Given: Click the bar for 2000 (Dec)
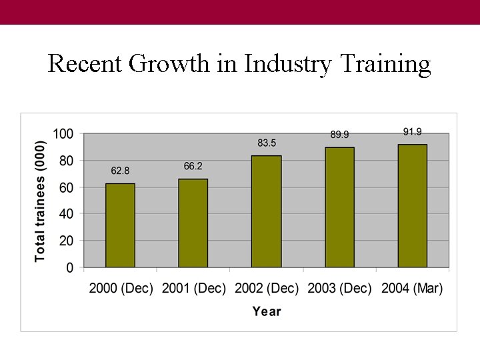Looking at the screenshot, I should coord(120,225).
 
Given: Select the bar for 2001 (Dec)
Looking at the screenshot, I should coord(193,223).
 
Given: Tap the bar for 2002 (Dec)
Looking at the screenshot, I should coord(266,211).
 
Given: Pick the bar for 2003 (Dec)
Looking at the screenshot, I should coord(339,207).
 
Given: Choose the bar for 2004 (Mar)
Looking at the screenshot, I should coord(412,206).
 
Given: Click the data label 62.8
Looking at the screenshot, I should coord(120,171).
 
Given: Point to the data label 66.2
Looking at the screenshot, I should coord(193,166).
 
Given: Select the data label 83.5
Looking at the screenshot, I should coord(266,143).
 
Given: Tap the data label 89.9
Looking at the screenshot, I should coord(339,135).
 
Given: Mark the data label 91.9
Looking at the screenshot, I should coord(412,132).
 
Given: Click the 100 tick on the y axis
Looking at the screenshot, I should coord(63,134).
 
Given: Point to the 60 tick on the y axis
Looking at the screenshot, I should coord(67,187).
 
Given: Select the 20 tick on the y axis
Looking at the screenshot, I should coord(67,241).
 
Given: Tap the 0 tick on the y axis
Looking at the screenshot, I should coord(70,267).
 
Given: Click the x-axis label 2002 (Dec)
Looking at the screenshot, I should coord(267,289).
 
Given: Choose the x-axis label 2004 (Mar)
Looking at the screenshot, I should coord(412,289).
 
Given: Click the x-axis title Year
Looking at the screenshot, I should coord(267,311).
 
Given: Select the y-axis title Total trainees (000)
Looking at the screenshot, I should coord(40,201).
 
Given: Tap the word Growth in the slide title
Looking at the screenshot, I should coord(170,64).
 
